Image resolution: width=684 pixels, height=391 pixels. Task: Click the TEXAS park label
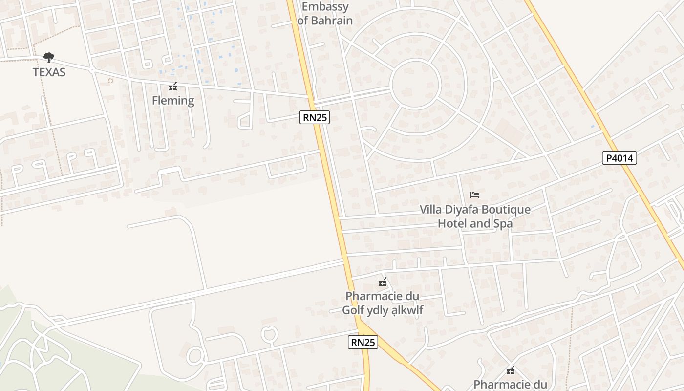[49, 72]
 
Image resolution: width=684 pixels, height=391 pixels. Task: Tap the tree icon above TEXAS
[49, 58]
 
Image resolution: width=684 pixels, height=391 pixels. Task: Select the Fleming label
[173, 101]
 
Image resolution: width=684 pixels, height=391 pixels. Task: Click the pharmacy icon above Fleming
[172, 87]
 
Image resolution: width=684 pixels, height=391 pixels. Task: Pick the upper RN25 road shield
[315, 117]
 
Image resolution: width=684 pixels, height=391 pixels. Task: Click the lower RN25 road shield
[363, 342]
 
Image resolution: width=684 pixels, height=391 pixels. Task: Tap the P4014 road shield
[619, 158]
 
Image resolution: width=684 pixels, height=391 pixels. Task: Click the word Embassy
[325, 7]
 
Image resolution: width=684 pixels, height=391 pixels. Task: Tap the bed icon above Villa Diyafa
[475, 195]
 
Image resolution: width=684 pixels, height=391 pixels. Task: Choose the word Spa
[503, 224]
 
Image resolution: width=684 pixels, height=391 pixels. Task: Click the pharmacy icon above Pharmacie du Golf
[383, 282]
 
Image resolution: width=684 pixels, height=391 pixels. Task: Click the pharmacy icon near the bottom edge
[511, 371]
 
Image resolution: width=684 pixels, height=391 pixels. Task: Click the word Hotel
[452, 224]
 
